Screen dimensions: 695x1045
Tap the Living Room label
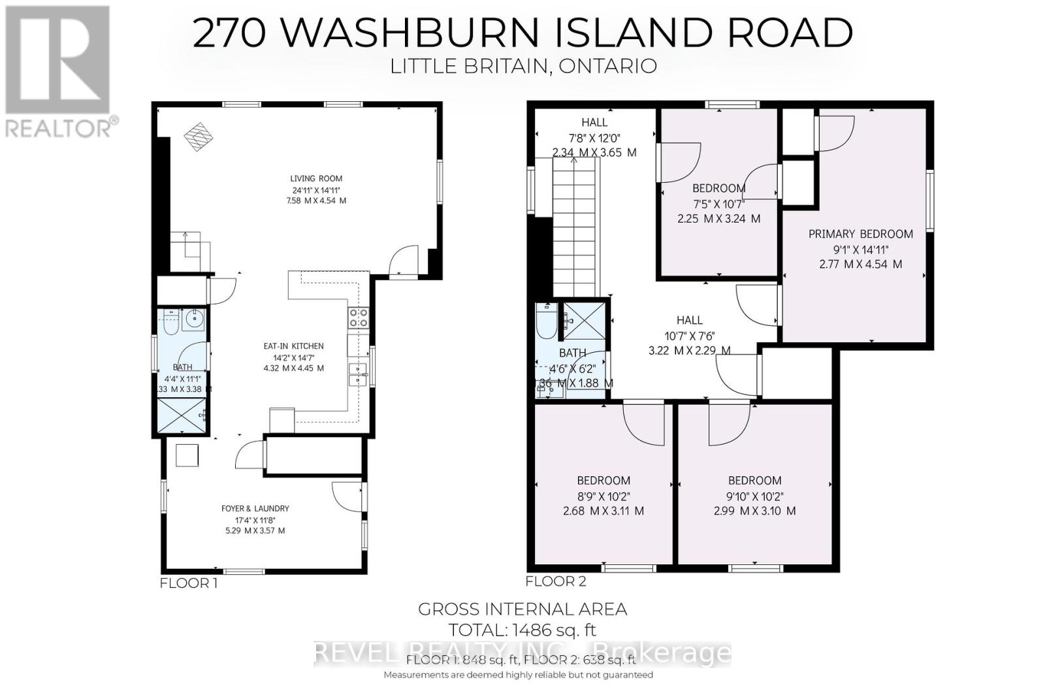(x=316, y=178)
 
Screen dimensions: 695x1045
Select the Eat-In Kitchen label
(x=293, y=346)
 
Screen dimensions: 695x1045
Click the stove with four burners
(x=359, y=317)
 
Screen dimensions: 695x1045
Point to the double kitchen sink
(x=358, y=374)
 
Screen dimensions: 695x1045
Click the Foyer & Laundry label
(x=255, y=508)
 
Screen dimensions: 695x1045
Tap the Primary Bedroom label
(x=860, y=234)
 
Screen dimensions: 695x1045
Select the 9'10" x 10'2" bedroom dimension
(x=754, y=496)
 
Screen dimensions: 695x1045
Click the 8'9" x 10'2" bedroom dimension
(x=603, y=496)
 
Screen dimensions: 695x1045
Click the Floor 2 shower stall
(x=585, y=319)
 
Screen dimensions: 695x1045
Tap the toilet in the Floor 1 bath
(x=171, y=323)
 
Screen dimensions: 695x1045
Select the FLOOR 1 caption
(x=188, y=583)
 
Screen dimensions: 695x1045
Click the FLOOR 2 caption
(x=556, y=581)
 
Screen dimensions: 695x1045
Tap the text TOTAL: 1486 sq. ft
(x=522, y=630)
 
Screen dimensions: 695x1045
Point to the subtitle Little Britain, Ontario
(x=522, y=67)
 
